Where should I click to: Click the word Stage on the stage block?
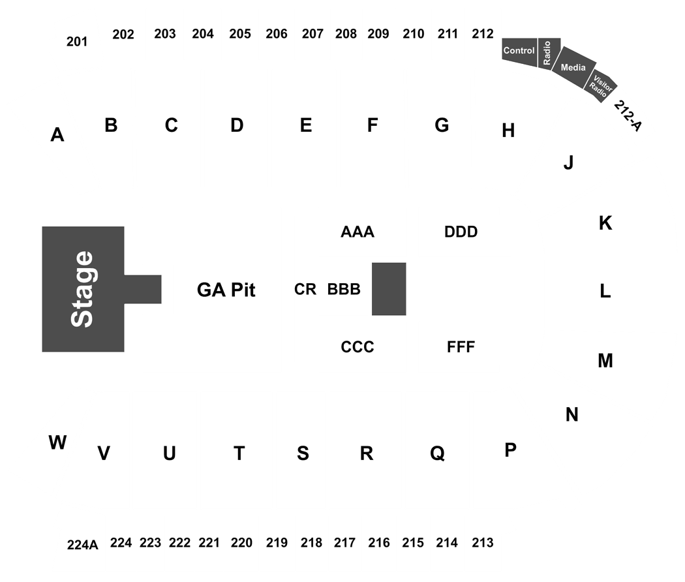click(x=82, y=289)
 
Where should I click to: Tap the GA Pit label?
click(x=226, y=290)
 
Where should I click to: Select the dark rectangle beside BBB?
click(x=389, y=289)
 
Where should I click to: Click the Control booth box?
click(x=519, y=52)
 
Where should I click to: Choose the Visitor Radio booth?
click(x=601, y=85)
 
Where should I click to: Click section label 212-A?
click(x=628, y=115)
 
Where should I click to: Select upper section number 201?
click(x=77, y=42)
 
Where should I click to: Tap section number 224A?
click(x=83, y=545)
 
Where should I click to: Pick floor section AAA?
click(x=358, y=232)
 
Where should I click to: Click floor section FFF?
click(x=461, y=347)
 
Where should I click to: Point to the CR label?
click(x=305, y=289)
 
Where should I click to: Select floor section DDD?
click(x=461, y=232)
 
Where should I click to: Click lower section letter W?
click(x=57, y=442)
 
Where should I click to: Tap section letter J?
click(x=568, y=162)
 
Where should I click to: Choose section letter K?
click(x=605, y=223)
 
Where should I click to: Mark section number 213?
click(x=483, y=543)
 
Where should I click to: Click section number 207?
click(x=312, y=34)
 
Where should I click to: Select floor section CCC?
click(x=358, y=347)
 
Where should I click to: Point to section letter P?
click(x=510, y=450)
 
